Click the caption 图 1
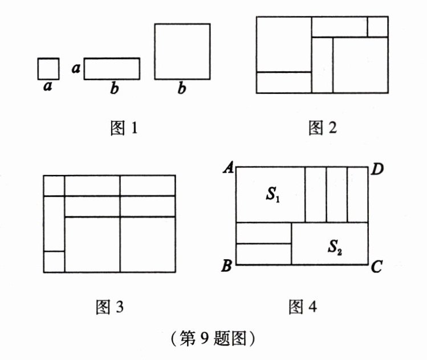tap(123, 128)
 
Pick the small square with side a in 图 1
tap(48, 69)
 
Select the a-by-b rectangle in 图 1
tap(112, 68)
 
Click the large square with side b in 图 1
tap(182, 51)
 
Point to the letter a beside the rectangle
tap(75, 68)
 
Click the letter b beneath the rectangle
tap(115, 89)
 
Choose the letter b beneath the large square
tap(182, 89)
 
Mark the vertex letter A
tap(229, 167)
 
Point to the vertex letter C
tap(376, 266)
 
